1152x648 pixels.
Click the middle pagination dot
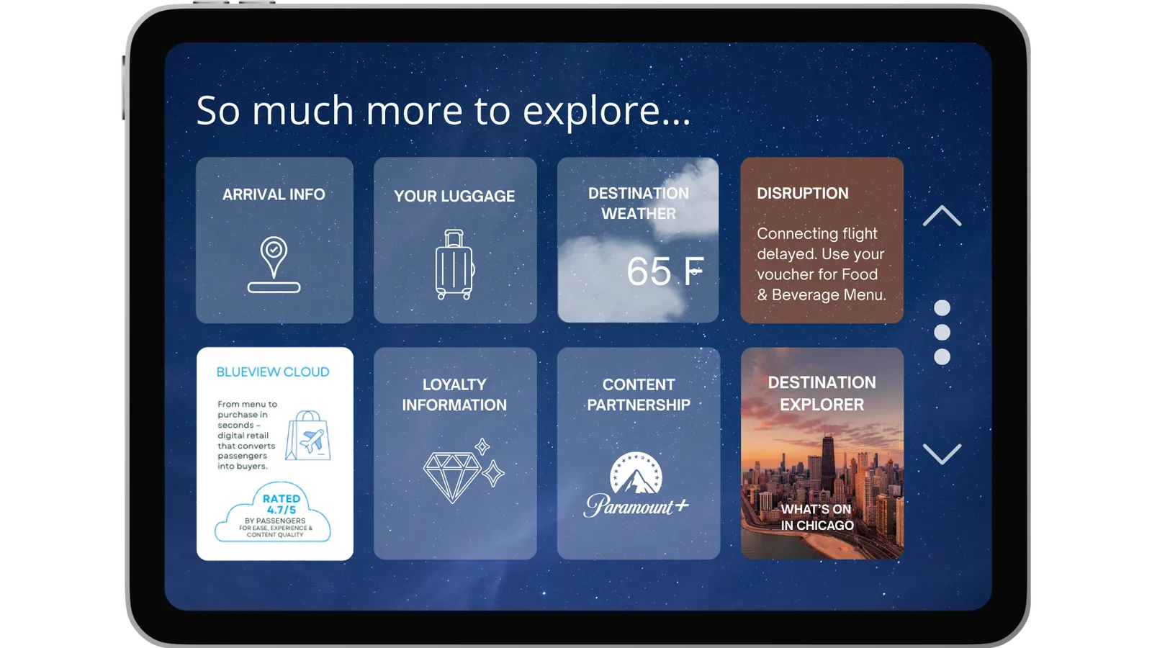pos(942,332)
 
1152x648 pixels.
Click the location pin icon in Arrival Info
pos(274,264)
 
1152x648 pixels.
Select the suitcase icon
pos(454,264)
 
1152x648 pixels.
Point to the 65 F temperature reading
pos(665,271)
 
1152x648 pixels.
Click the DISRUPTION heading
pos(802,194)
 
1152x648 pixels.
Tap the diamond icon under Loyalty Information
pos(463,471)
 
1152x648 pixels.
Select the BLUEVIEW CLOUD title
pos(273,372)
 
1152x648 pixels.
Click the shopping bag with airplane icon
pos(308,435)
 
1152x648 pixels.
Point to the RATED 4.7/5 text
pos(282,504)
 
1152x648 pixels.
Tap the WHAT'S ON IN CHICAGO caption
pos(817,517)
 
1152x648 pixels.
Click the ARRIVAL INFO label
pos(274,194)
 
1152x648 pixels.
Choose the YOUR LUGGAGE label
pos(454,196)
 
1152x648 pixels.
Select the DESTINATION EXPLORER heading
pos(822,393)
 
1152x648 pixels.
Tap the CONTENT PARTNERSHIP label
pos(639,395)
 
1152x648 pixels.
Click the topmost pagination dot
pos(942,307)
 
